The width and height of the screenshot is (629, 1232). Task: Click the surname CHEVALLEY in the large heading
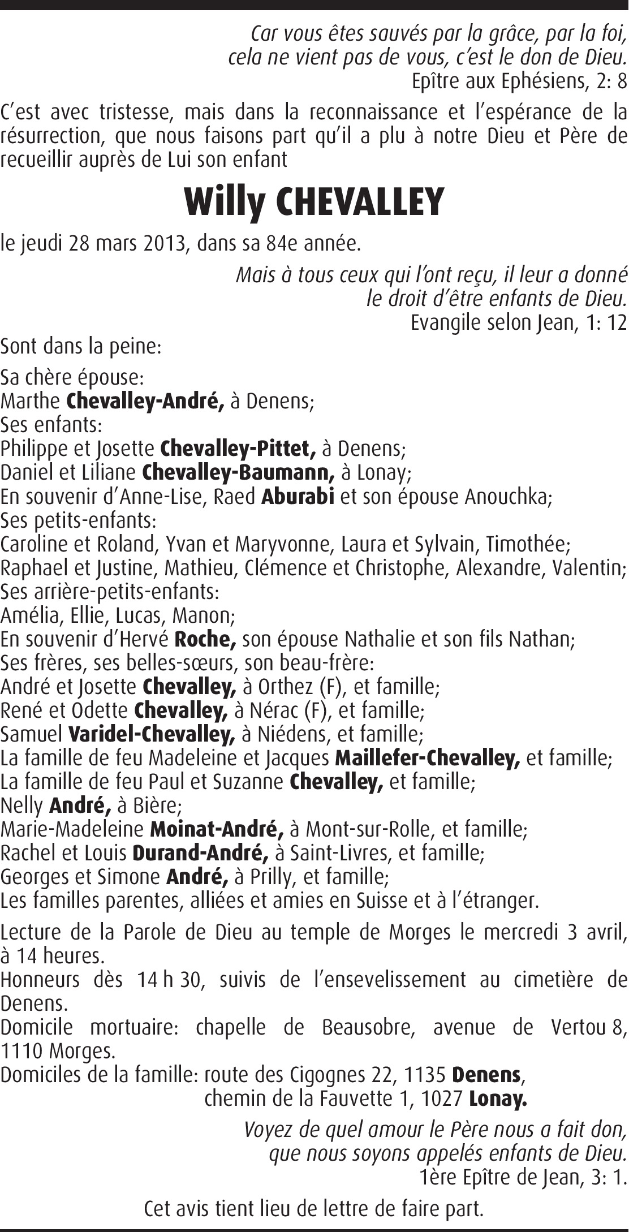(x=359, y=202)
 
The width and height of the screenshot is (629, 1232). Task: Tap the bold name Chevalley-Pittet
(x=238, y=449)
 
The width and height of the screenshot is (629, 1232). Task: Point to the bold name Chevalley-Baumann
(x=239, y=472)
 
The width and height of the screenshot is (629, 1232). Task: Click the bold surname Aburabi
(x=298, y=496)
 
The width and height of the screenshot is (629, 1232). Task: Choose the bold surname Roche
(x=205, y=639)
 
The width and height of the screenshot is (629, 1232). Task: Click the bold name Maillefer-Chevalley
(x=427, y=758)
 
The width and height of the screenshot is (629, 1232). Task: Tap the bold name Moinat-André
(x=217, y=829)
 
